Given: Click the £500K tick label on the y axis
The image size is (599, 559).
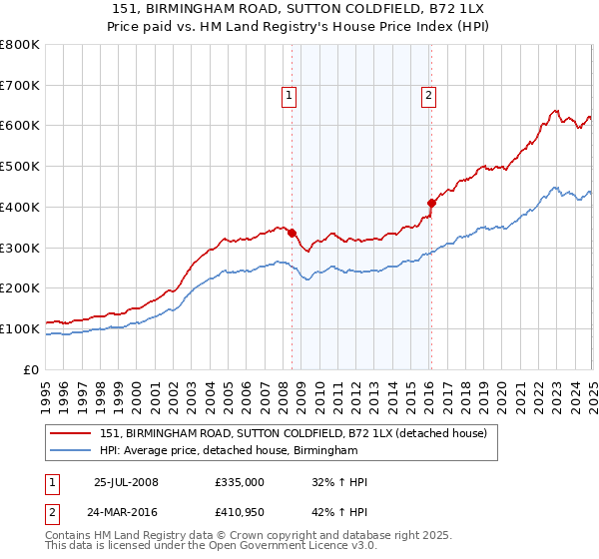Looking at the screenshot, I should click(x=20, y=167).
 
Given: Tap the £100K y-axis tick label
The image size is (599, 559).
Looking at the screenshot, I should click(x=20, y=328).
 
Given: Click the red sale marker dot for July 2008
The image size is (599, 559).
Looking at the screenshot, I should click(x=293, y=234).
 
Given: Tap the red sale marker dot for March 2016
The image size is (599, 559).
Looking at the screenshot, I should click(x=432, y=203).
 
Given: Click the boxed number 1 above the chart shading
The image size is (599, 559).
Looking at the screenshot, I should click(x=289, y=96).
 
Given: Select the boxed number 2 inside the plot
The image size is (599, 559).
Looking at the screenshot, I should click(x=428, y=96).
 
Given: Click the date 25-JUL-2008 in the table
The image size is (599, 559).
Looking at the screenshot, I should click(x=126, y=482).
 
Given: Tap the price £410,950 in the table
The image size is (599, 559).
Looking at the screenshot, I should click(x=240, y=512).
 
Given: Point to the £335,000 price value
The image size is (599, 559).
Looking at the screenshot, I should click(x=240, y=482).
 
